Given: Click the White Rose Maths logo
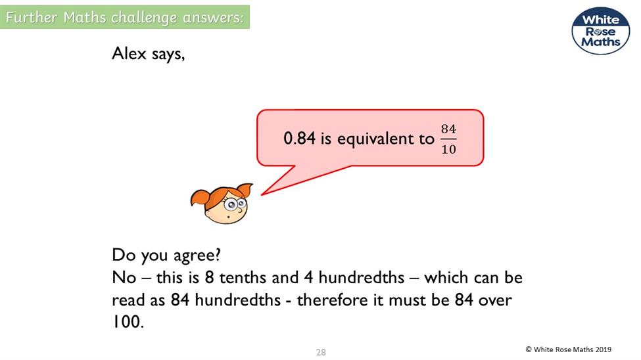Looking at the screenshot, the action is (x=600, y=31).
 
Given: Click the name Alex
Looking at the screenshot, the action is (x=129, y=53).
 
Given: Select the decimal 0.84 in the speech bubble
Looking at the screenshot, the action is (x=300, y=138).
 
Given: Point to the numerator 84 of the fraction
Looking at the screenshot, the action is (x=448, y=129).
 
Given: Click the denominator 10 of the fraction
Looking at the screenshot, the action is (x=448, y=149).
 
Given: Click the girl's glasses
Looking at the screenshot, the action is (x=235, y=203).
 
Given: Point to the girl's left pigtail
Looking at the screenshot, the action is (x=199, y=200).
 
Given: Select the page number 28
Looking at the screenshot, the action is (x=321, y=352).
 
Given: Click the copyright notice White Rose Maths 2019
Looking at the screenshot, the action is (x=568, y=349).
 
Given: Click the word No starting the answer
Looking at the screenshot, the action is (x=124, y=278).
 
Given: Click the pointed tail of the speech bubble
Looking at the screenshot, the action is (x=262, y=194).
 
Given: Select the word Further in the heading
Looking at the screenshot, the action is (x=31, y=18).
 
